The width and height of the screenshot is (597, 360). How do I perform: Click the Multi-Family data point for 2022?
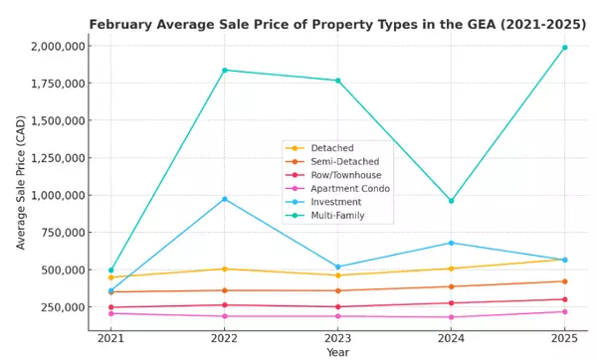click(x=225, y=70)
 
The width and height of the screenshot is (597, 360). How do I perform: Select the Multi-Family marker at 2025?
click(x=565, y=47)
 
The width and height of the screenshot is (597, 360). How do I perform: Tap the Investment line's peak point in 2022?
click(x=225, y=199)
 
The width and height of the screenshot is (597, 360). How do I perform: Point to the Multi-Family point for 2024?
click(x=452, y=201)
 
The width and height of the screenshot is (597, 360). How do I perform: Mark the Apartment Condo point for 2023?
click(x=338, y=316)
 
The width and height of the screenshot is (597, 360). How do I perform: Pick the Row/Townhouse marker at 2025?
click(x=565, y=299)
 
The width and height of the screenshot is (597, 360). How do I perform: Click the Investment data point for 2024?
click(x=452, y=243)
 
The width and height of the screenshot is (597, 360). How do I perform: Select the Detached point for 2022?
click(x=225, y=269)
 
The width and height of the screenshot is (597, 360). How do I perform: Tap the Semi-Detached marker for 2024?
click(x=452, y=286)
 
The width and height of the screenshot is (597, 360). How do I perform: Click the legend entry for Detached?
click(x=331, y=147)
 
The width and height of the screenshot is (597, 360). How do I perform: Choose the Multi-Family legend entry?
click(x=336, y=215)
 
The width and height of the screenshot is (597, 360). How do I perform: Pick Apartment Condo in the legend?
click(x=348, y=188)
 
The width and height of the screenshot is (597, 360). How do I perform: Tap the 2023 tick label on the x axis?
click(x=338, y=338)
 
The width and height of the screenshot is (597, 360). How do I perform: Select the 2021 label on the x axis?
click(x=111, y=338)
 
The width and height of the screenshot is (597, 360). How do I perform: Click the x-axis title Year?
click(x=338, y=352)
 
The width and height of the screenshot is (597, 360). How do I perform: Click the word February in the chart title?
click(x=122, y=23)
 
